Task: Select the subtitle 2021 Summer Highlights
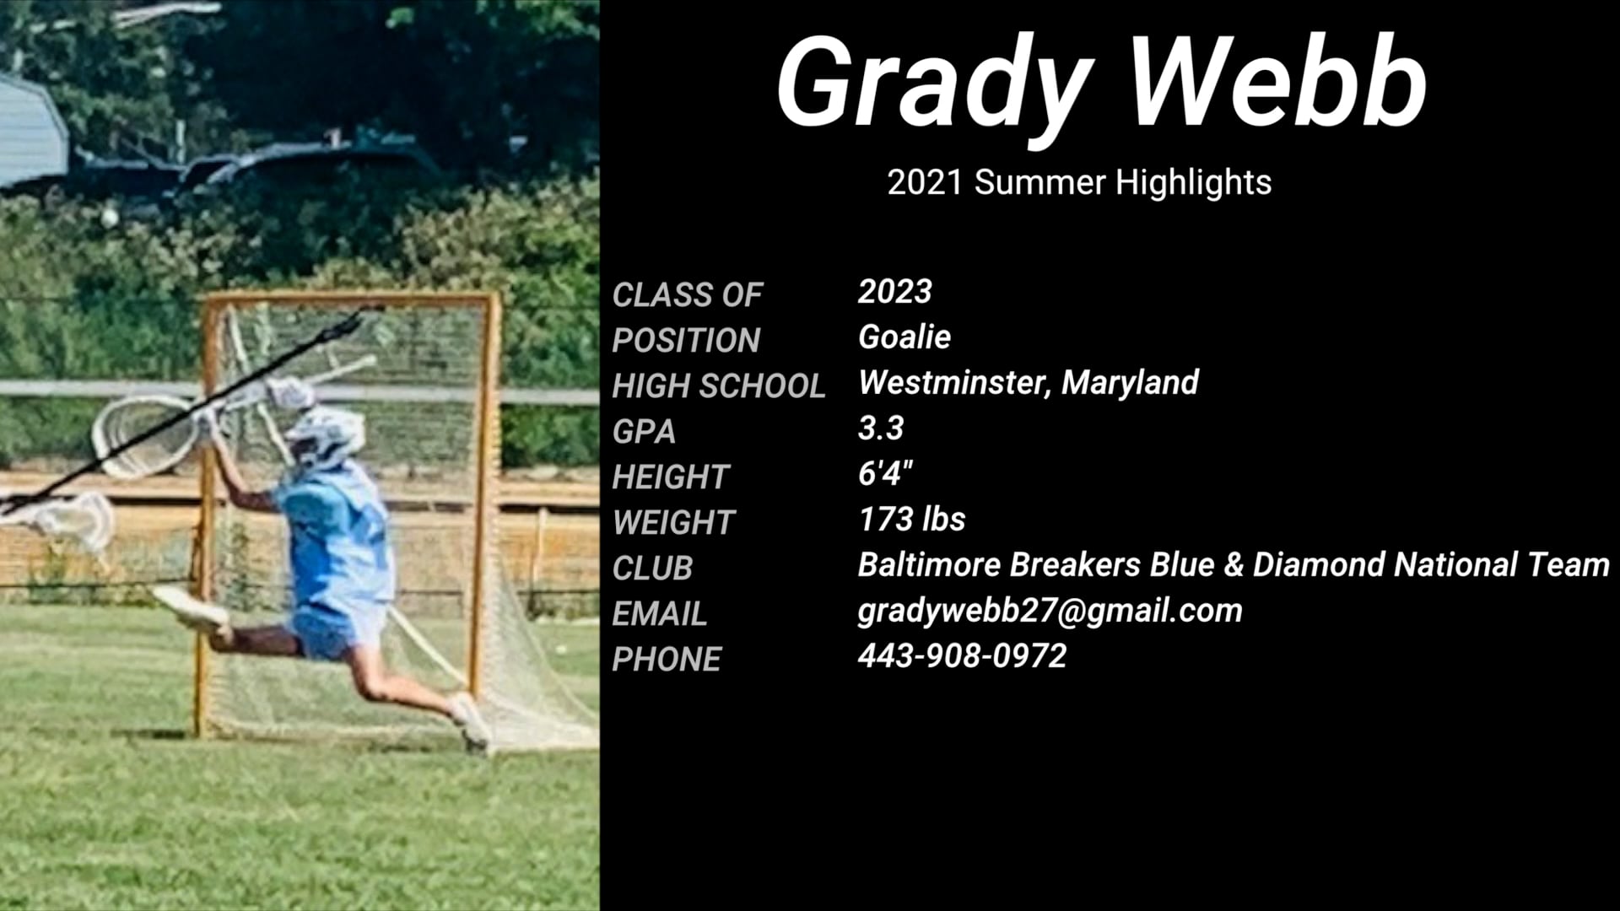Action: tap(1079, 182)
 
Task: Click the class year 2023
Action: tap(894, 292)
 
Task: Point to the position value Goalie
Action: tap(904, 337)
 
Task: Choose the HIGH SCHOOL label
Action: tap(718, 386)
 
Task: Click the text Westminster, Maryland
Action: tap(1028, 383)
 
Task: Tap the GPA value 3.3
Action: tap(880, 429)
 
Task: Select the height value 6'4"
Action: tap(885, 474)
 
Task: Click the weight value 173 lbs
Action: tap(911, 520)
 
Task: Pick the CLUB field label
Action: tap(652, 569)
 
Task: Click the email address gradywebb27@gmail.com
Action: tap(1050, 611)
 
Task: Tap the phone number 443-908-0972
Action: tap(962, 656)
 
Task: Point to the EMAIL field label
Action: tap(659, 614)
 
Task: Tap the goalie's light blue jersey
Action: tap(337, 540)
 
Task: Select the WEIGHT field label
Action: tap(673, 523)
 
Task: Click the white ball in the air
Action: tap(109, 218)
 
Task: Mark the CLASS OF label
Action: tap(687, 295)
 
